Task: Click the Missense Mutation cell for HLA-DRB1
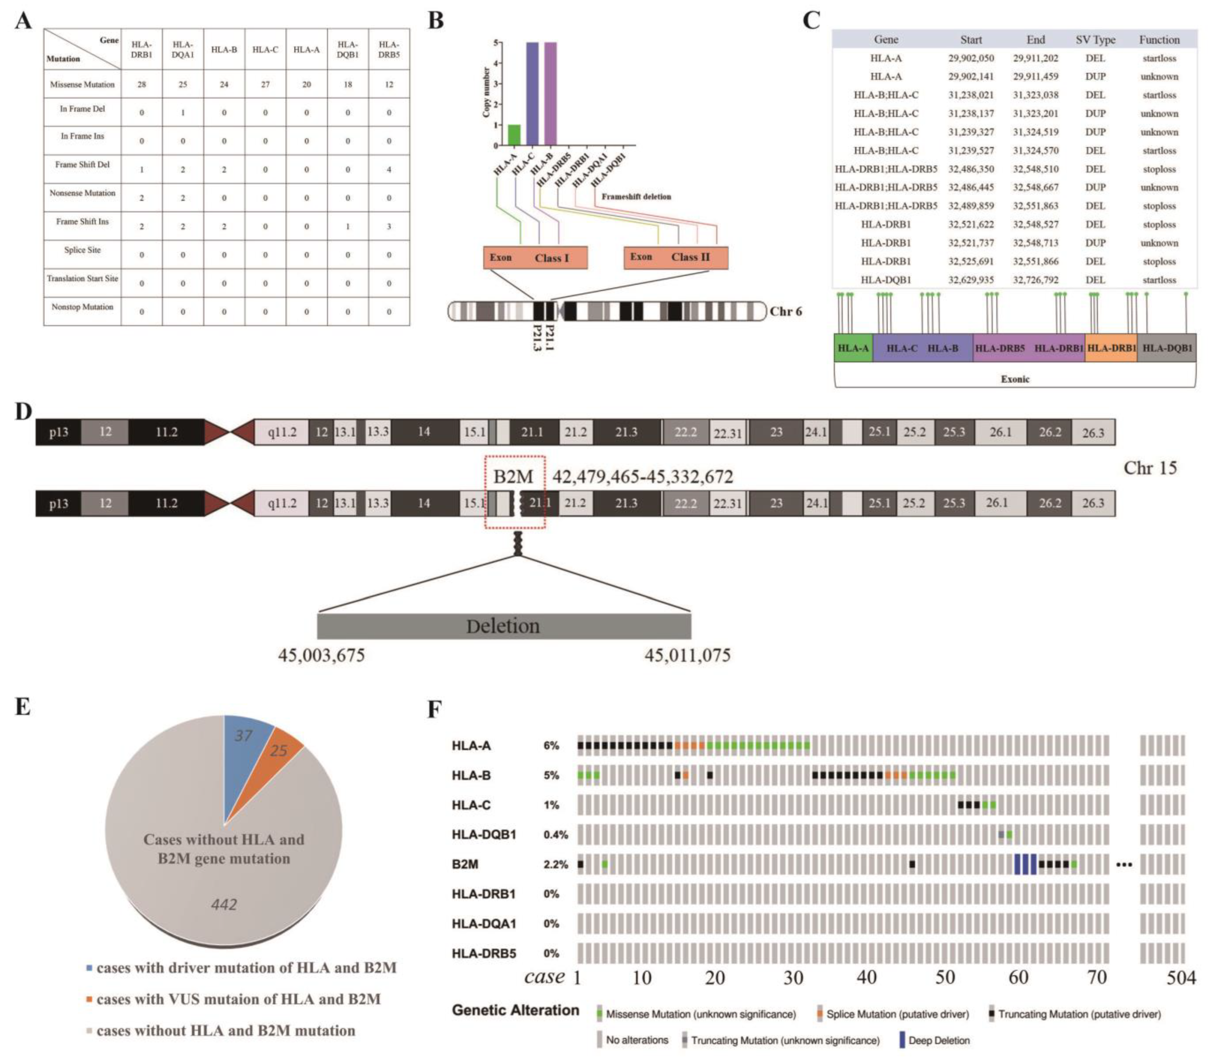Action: click(x=142, y=85)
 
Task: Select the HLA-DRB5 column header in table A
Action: click(x=389, y=50)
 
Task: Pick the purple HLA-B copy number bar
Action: click(x=551, y=93)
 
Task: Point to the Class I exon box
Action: click(x=535, y=258)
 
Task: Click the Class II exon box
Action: click(x=676, y=258)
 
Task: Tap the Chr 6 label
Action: click(x=786, y=311)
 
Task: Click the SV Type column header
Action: click(x=1095, y=40)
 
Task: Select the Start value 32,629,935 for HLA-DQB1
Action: click(x=971, y=280)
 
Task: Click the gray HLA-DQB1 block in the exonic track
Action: click(x=1167, y=348)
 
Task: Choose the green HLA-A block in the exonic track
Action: click(x=853, y=348)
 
